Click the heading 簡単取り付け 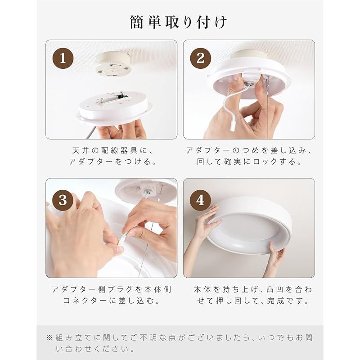coord(178,22)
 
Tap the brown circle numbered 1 coord(63,58)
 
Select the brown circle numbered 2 coord(200,58)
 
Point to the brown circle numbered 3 coord(63,200)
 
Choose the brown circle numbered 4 coord(200,200)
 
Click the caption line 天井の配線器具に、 coord(112,151)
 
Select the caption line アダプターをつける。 coord(112,162)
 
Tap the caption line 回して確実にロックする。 coord(249,162)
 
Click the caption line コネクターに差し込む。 coord(112,301)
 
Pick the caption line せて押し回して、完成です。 coord(253,301)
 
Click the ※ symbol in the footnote coord(49,338)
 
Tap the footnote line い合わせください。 coord(95,349)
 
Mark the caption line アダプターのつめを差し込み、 coord(249,151)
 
